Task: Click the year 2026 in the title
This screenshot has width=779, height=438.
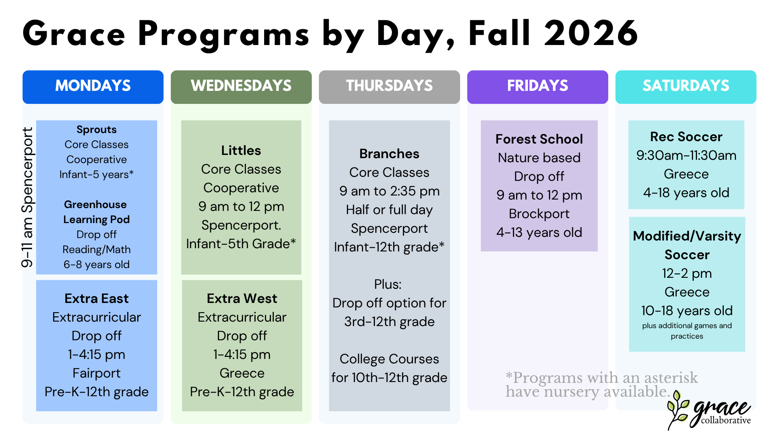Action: tap(591, 33)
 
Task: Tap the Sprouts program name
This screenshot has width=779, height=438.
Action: tap(97, 130)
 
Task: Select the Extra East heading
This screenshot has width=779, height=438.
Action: tap(97, 298)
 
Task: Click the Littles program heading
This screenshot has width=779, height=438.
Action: tap(241, 150)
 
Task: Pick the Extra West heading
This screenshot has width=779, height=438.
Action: tap(242, 298)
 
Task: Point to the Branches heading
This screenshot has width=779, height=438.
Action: tap(389, 154)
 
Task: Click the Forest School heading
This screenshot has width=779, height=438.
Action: tap(539, 139)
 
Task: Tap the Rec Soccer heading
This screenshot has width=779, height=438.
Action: tap(686, 137)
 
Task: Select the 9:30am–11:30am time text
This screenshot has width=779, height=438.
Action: tap(686, 155)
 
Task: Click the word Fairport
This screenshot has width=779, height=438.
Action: tap(97, 373)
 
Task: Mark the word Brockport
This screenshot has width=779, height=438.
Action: tap(539, 214)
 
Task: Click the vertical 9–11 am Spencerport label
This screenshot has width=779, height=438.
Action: tap(28, 198)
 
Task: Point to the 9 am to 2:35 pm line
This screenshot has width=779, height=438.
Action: tap(389, 191)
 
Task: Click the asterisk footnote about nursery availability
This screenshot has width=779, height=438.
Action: tap(602, 384)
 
